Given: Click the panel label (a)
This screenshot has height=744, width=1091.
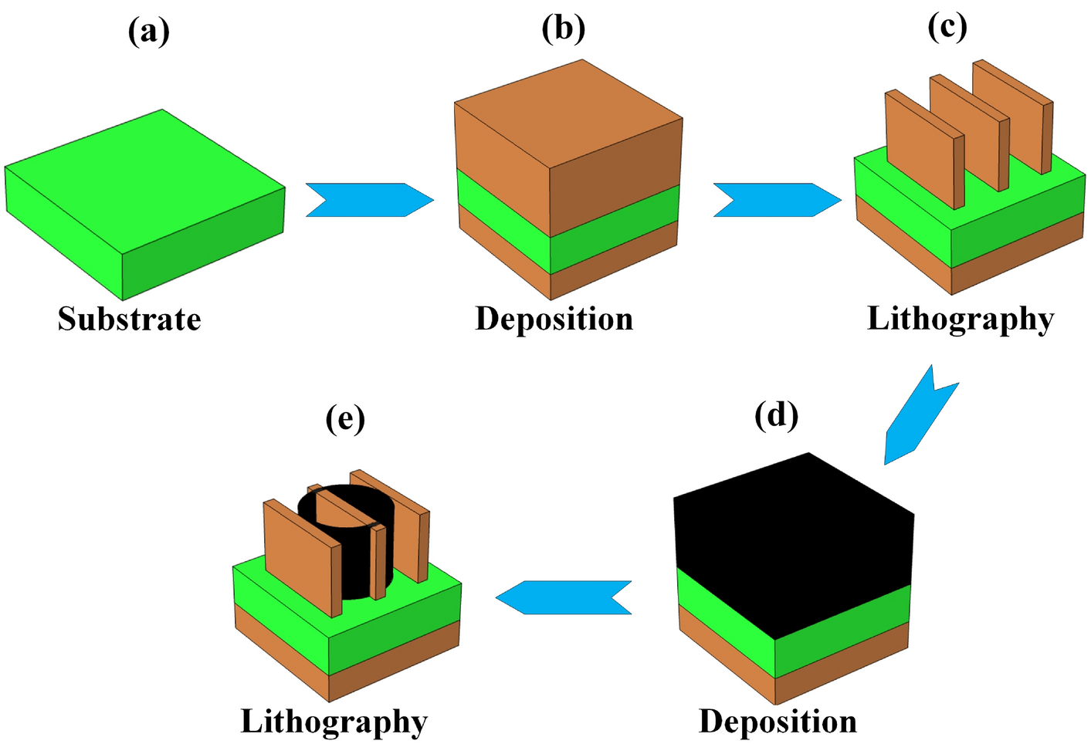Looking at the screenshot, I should click(149, 32).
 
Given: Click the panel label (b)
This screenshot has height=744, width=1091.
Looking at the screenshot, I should click(563, 29).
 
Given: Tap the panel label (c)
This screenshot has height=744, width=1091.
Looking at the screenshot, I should click(947, 27).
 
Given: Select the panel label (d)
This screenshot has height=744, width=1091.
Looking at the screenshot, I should click(776, 415).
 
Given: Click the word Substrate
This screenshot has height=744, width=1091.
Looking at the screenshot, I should click(129, 319).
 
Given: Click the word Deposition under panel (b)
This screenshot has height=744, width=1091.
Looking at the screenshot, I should click(554, 319).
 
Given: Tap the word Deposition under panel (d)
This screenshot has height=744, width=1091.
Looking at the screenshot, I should click(778, 721).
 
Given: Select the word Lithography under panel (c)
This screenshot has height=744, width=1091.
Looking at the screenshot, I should click(960, 319).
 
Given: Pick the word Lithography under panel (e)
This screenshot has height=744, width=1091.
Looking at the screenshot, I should click(334, 722).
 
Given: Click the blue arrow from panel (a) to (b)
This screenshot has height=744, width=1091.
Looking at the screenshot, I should click(369, 200).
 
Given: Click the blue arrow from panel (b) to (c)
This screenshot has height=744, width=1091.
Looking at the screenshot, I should click(776, 200).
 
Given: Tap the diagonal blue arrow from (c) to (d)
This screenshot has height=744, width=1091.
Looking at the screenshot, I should click(919, 417).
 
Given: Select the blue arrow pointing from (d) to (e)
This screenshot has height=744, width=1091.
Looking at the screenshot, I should click(564, 597).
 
